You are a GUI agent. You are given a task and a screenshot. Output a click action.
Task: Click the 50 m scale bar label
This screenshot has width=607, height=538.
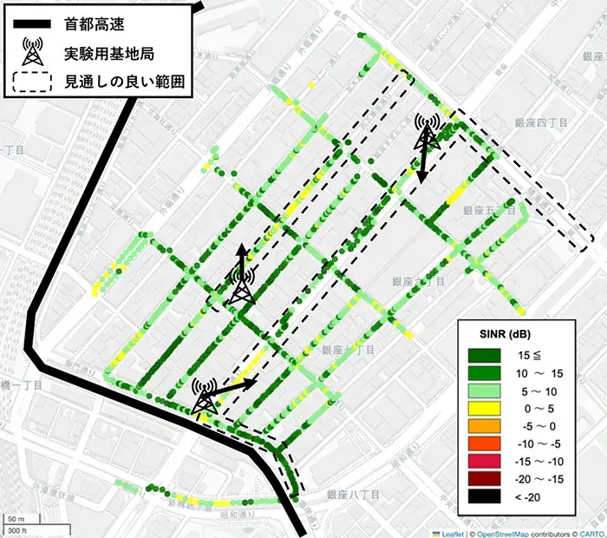pos(15,518)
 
